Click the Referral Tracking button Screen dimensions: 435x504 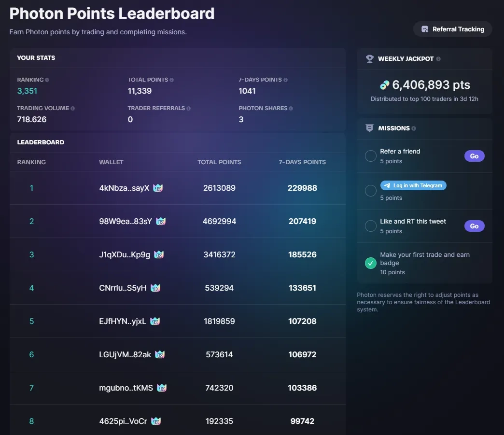453,29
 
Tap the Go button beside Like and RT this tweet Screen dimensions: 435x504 474,226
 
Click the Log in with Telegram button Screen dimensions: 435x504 413,185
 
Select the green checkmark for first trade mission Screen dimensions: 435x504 371,263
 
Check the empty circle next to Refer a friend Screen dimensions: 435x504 371,156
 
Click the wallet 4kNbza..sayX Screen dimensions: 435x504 124,188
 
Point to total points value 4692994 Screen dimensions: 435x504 219,221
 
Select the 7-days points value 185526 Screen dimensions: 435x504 302,254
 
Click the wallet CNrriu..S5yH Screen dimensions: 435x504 123,288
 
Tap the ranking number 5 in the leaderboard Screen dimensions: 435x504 32,321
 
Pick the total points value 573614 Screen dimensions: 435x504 219,354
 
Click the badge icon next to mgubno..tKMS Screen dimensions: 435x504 162,388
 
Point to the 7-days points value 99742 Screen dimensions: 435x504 302,421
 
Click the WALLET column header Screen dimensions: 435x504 111,162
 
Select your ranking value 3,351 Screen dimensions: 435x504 27,91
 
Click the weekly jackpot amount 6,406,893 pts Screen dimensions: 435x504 431,85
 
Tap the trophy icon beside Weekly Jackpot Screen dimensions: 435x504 370,59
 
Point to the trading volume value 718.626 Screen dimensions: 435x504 32,119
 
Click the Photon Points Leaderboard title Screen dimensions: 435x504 112,14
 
